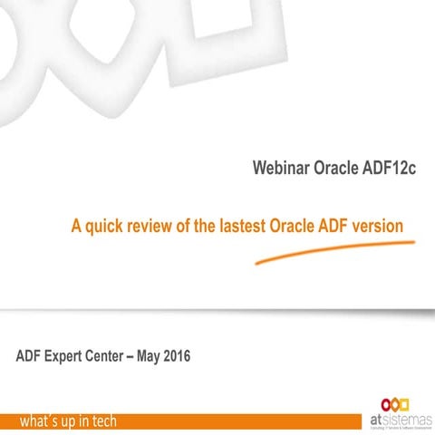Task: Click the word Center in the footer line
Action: coord(119,356)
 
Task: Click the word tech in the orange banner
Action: coord(99,421)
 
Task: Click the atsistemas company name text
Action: coord(403,417)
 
